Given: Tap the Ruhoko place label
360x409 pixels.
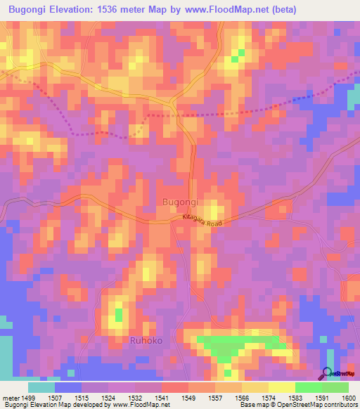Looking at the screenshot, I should [146, 341].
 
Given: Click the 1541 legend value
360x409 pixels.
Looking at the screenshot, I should [162, 398].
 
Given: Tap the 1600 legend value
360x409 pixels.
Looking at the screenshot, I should [349, 398].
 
